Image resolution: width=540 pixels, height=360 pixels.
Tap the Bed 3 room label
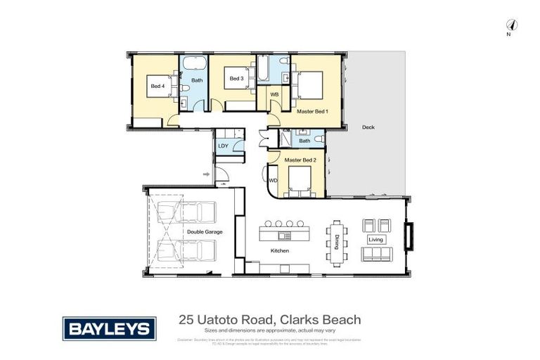(236, 79)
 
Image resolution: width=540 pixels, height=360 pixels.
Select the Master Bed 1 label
(312, 111)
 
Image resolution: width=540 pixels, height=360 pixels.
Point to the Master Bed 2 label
(301, 160)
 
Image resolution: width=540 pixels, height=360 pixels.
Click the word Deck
(368, 127)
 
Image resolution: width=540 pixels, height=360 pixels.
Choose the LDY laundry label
(224, 146)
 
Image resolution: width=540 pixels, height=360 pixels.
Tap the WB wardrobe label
(275, 94)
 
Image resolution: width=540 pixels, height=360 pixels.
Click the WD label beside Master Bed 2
(274, 181)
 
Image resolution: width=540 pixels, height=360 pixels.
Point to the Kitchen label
(280, 251)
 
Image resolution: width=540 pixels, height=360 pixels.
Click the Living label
(376, 240)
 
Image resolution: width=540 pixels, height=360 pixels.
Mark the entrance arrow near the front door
(206, 173)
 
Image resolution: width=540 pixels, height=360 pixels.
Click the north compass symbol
(512, 25)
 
